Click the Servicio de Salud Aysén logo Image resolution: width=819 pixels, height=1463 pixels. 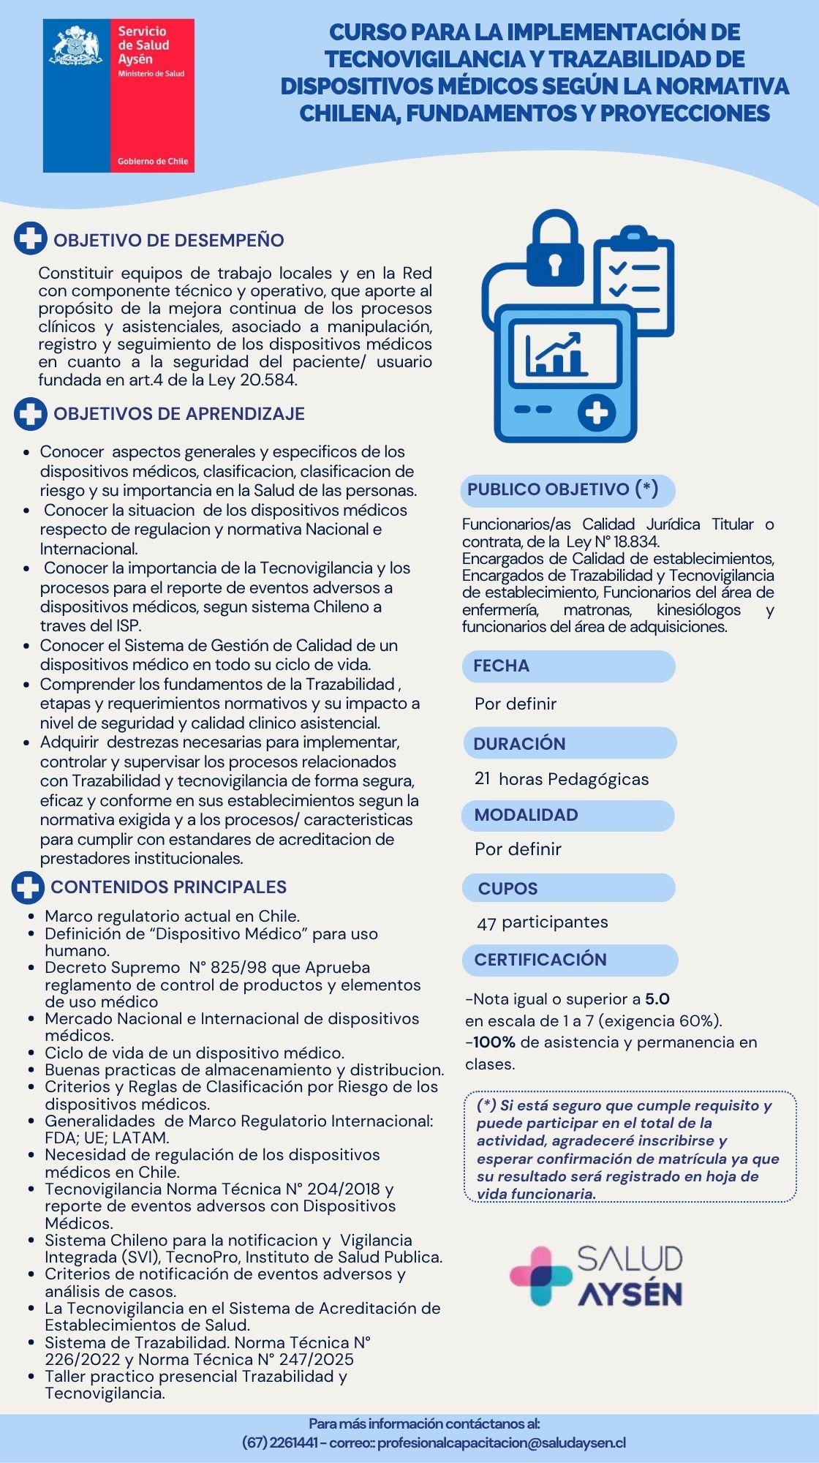point(118,96)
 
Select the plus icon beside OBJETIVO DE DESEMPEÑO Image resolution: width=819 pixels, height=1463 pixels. point(31,238)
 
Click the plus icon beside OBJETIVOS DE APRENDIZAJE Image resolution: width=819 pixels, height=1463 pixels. point(31,413)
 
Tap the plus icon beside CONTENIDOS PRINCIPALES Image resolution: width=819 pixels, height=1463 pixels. point(28,887)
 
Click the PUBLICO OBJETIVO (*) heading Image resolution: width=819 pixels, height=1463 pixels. point(562,489)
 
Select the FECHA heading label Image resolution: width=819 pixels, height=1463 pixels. point(501,666)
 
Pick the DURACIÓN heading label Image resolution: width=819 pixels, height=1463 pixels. point(519,743)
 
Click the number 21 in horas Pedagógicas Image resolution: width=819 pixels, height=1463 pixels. point(483,778)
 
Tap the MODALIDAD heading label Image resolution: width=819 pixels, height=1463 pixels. point(526,815)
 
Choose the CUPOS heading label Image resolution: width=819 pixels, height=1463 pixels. point(507,889)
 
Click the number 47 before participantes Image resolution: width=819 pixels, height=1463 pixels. point(486,923)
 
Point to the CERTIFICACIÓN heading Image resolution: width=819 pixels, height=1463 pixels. point(540,960)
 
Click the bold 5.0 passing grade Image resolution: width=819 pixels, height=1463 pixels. point(657,999)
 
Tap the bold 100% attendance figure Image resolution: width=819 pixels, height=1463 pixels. point(494,1042)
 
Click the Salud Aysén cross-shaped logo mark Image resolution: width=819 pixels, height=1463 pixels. point(540,1276)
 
